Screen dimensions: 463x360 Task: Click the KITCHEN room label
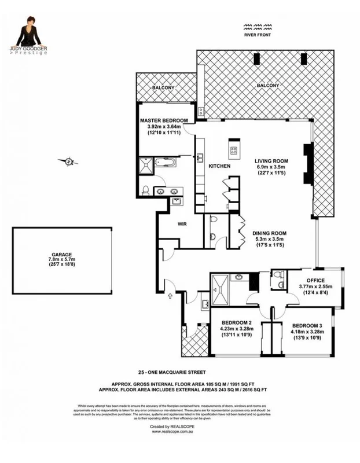click(219, 167)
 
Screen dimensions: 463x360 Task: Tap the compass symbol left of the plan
click(68, 162)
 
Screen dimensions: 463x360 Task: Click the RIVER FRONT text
click(258, 35)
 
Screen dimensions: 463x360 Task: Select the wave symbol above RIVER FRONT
click(258, 27)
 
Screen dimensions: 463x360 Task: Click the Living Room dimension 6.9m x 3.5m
click(272, 166)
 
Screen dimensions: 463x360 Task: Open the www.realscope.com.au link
click(179, 431)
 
